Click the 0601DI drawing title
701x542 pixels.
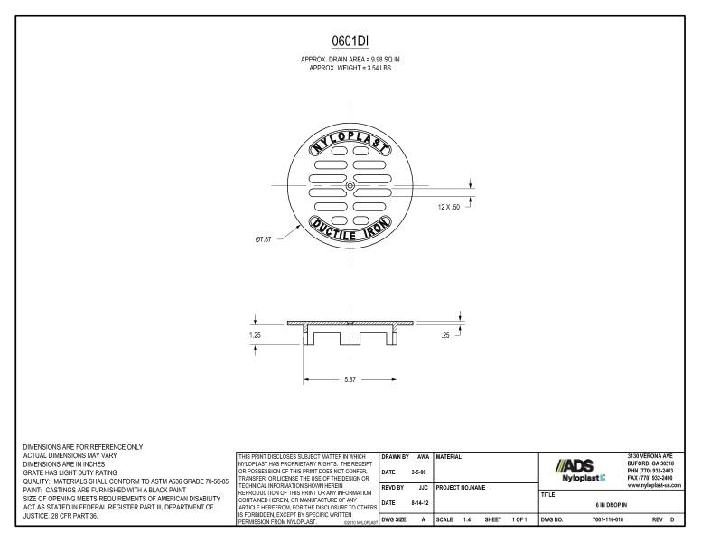pos(350,42)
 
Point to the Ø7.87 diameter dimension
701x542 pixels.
pos(263,239)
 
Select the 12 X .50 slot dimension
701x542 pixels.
pos(448,207)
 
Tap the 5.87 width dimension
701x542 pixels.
pos(350,379)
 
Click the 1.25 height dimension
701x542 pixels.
pos(255,335)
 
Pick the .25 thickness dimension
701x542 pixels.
pos(445,335)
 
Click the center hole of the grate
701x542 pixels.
pos(350,185)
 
